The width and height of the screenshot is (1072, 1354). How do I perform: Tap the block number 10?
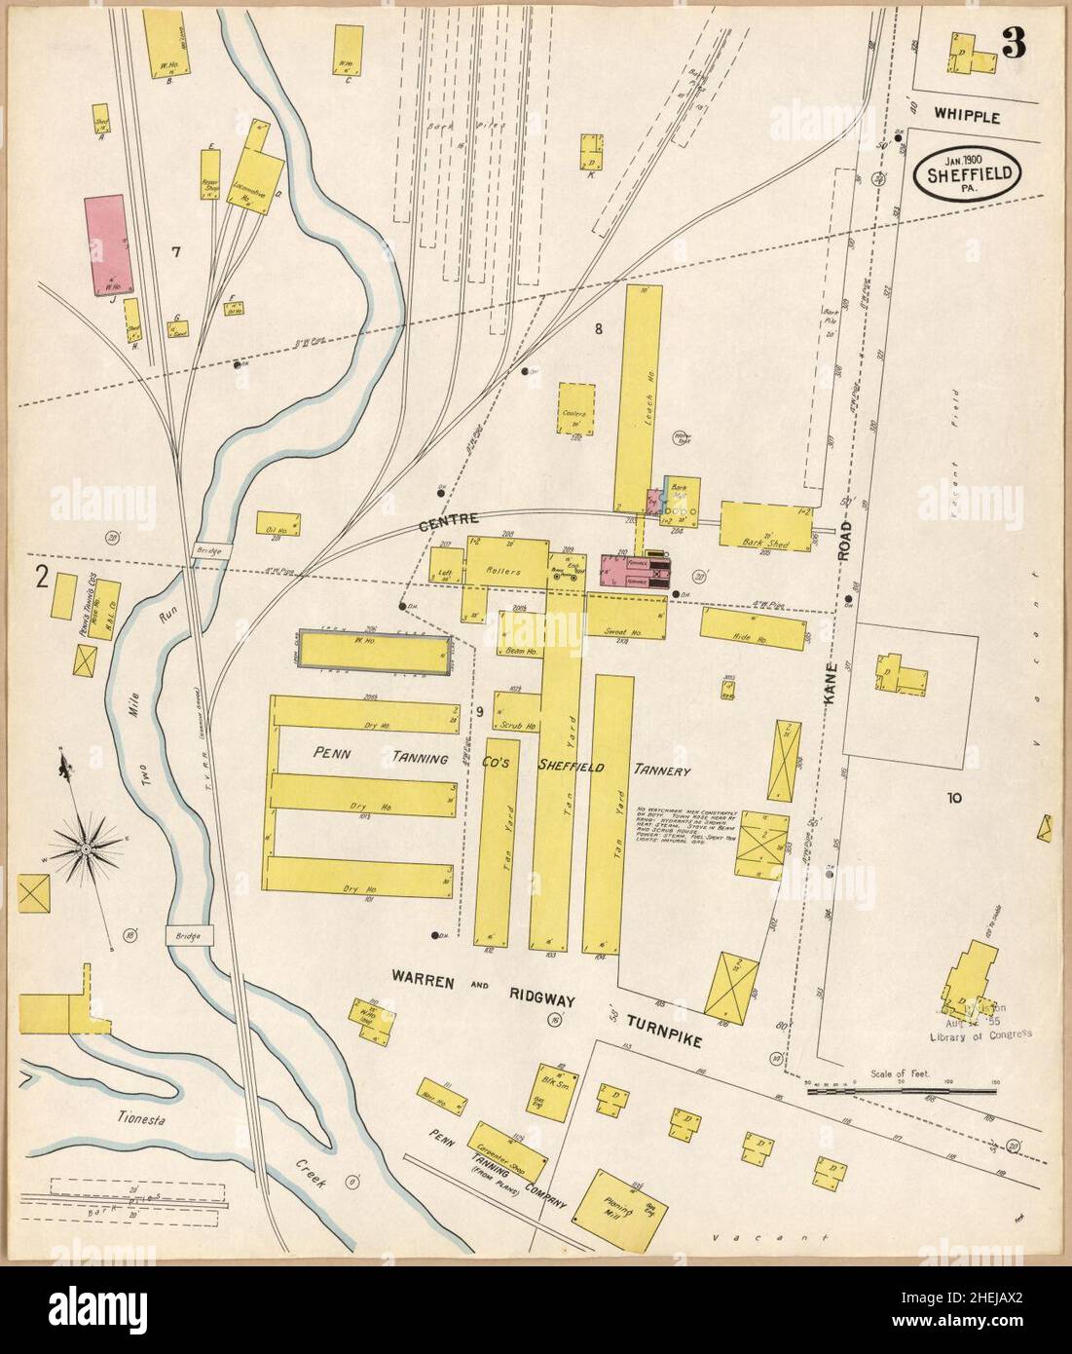[953, 798]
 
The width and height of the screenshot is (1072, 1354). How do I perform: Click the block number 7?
[176, 253]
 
